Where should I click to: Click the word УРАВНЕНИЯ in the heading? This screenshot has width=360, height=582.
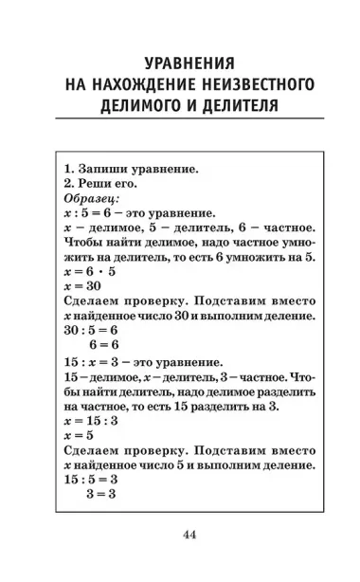point(180,64)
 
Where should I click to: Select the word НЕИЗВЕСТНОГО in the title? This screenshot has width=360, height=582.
point(249,84)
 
